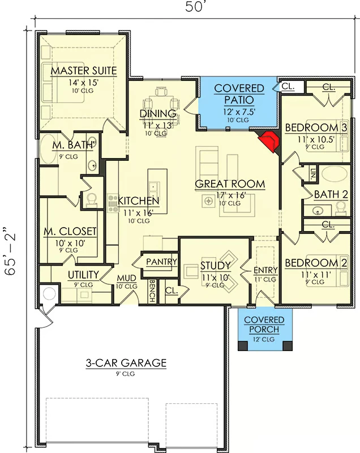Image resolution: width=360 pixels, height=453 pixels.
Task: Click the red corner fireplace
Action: pyautogui.click(x=269, y=142)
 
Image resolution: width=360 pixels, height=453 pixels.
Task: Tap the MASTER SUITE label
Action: pyautogui.click(x=84, y=70)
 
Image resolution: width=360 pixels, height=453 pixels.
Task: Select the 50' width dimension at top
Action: pyautogui.click(x=195, y=7)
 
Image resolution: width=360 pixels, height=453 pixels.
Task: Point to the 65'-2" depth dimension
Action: pyautogui.click(x=10, y=251)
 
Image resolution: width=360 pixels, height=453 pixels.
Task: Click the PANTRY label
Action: pyautogui.click(x=161, y=262)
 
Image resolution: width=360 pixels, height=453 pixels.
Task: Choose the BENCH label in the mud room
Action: pyautogui.click(x=152, y=290)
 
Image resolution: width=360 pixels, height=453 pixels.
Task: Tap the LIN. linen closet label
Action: pyautogui.click(x=312, y=174)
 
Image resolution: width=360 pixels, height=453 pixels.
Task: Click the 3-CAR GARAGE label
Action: pyautogui.click(x=126, y=363)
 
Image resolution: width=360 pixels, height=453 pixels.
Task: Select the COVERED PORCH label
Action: pyautogui.click(x=264, y=324)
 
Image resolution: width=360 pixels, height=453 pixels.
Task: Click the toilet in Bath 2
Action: pyautogui.click(x=341, y=208)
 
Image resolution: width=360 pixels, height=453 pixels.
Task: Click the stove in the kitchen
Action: pyautogui.click(x=113, y=203)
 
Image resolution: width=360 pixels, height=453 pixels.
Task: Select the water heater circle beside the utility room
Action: pyautogui.click(x=49, y=294)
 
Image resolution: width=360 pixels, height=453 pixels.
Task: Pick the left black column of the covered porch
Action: pyautogui.click(x=243, y=346)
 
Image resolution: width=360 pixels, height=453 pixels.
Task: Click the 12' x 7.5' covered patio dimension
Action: pyautogui.click(x=238, y=112)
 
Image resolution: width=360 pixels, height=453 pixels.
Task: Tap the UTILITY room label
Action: pyautogui.click(x=83, y=275)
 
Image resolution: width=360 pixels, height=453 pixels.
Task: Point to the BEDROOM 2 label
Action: pyautogui.click(x=316, y=263)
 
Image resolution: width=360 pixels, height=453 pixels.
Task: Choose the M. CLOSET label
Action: pyautogui.click(x=70, y=231)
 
